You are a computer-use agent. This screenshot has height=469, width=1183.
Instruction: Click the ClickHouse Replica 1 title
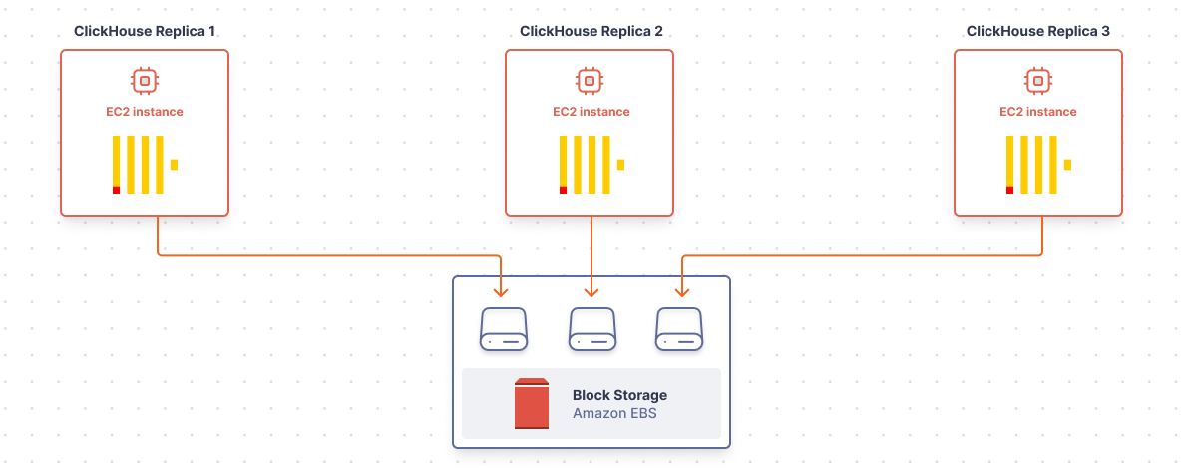[145, 32]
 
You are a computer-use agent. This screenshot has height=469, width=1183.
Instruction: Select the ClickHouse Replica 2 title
[591, 32]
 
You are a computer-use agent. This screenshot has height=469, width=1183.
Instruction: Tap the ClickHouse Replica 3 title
[1038, 32]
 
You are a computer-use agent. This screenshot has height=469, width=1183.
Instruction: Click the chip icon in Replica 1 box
[145, 79]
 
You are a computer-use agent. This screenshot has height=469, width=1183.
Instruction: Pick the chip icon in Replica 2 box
[591, 79]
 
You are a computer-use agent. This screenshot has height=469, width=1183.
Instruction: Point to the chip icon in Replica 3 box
[1038, 79]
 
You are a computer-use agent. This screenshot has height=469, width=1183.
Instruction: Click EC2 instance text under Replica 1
[145, 112]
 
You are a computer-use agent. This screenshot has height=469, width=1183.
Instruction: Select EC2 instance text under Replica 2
[591, 112]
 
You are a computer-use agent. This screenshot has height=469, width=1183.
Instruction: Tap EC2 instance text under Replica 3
[1038, 112]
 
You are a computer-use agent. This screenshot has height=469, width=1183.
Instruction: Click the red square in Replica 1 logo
[117, 190]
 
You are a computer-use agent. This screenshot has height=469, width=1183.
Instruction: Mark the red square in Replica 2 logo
[564, 190]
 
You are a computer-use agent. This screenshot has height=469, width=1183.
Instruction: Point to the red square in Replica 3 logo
[1010, 190]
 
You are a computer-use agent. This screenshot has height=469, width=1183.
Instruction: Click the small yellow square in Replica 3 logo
[1067, 164]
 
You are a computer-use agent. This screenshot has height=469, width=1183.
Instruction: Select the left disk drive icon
[504, 328]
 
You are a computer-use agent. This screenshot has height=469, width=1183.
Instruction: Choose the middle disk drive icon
[591, 328]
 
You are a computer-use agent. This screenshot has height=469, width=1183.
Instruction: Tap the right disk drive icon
[679, 328]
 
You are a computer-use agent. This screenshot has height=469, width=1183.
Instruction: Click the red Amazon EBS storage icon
[531, 403]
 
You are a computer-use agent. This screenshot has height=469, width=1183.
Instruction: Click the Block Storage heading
[619, 395]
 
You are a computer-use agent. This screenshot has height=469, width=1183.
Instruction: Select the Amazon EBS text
[615, 413]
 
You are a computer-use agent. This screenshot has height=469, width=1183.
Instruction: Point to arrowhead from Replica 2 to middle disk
[591, 291]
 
